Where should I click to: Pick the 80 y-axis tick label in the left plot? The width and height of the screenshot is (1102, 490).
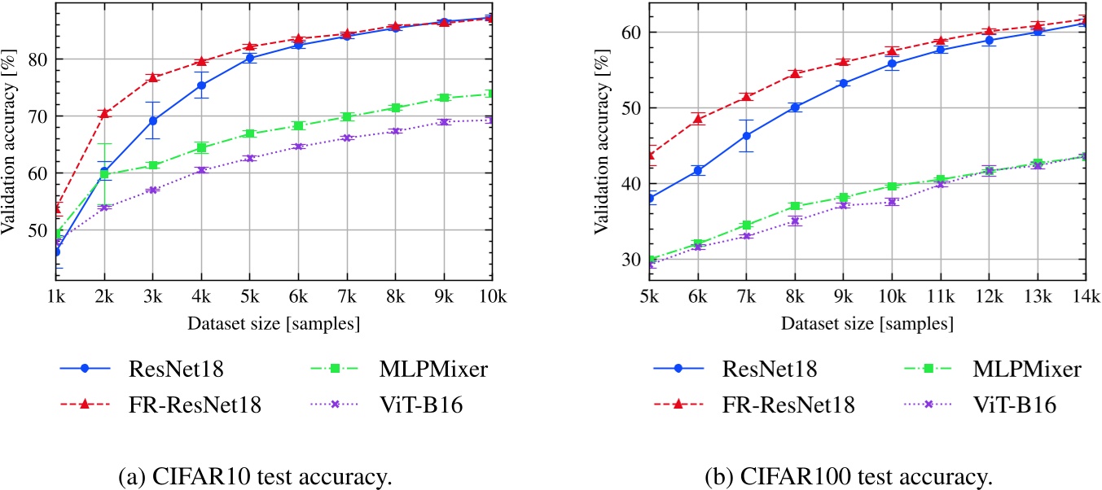coord(34,59)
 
